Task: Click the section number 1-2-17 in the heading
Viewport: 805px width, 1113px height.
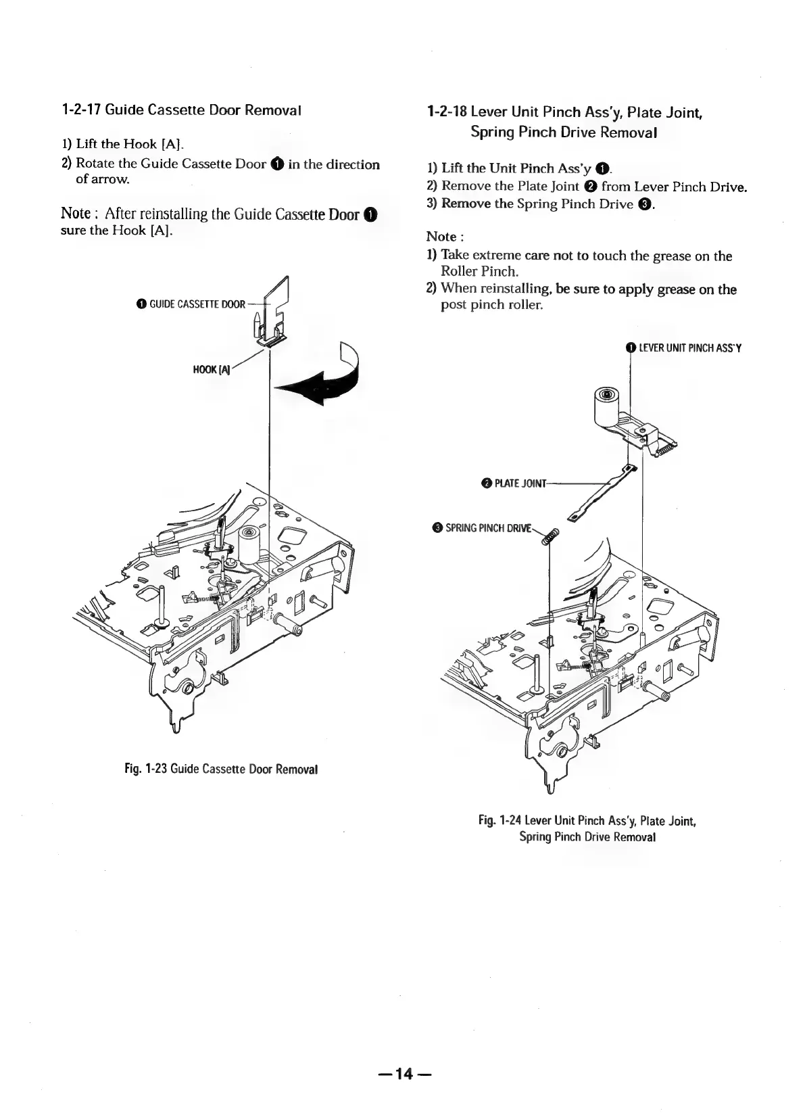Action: (x=82, y=109)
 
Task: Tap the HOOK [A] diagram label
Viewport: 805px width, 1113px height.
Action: (x=211, y=369)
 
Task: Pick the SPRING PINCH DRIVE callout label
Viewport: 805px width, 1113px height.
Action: (x=486, y=527)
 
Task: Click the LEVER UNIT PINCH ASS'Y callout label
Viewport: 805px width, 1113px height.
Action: (x=689, y=348)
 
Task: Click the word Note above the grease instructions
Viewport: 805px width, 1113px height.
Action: (x=441, y=237)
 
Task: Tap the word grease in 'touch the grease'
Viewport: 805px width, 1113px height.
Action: (x=676, y=256)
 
